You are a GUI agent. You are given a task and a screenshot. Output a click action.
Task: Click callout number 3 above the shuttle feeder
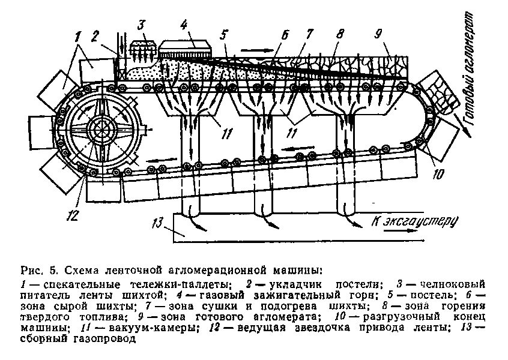(x=142, y=25)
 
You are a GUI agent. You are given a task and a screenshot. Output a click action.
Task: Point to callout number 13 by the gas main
(x=158, y=223)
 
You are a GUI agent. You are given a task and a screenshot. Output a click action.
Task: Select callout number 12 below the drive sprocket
(x=72, y=215)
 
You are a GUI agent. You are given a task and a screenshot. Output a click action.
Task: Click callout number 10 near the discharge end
(x=437, y=174)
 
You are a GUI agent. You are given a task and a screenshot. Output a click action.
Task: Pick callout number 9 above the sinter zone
(x=378, y=34)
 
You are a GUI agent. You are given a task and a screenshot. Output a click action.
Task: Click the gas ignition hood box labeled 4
(x=184, y=49)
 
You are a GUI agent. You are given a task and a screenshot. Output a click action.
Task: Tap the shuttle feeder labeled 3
(x=142, y=49)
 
